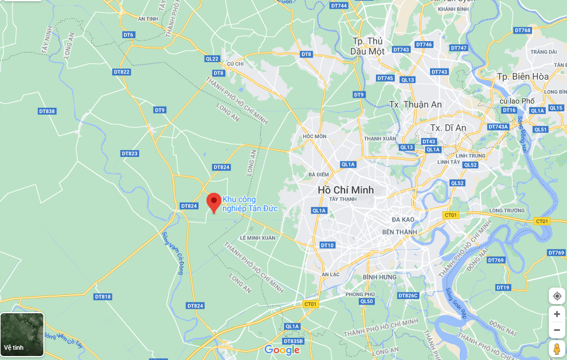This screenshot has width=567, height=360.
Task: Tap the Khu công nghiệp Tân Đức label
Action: coord(250,204)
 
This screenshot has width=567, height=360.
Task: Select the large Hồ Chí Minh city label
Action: coord(346,189)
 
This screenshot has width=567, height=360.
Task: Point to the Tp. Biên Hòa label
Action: coord(522,76)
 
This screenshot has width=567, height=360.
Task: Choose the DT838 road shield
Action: coord(47,111)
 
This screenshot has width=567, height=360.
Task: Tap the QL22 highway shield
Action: coord(212,59)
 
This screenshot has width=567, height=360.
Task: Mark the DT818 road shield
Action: coord(103,297)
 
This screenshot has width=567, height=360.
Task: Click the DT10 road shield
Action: coord(327,245)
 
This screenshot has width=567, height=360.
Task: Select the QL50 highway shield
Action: coord(367,301)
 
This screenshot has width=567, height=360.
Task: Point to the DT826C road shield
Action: coord(408,296)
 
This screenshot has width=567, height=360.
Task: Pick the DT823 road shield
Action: coord(130,153)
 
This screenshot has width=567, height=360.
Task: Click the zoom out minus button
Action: coord(557,330)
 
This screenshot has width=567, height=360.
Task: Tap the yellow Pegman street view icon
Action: coord(557,349)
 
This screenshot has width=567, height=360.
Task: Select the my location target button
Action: coord(557,296)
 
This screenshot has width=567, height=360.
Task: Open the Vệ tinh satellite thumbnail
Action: coord(22,334)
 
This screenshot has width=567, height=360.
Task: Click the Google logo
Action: coord(282,350)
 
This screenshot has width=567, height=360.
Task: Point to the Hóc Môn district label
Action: coord(315,136)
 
